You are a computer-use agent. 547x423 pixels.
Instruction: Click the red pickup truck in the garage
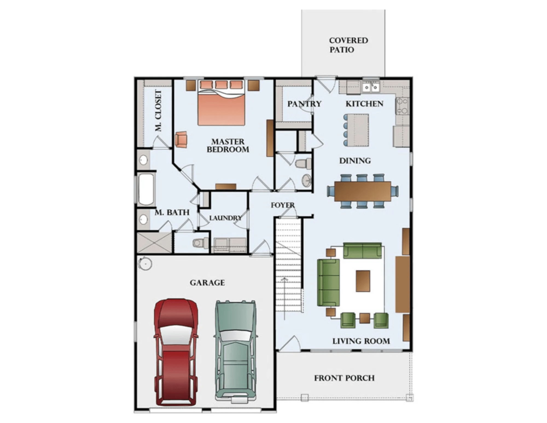pyautogui.click(x=176, y=352)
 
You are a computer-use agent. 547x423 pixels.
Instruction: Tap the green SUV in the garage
pyautogui.click(x=236, y=352)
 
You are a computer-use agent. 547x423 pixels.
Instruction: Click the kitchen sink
pyautogui.click(x=371, y=87)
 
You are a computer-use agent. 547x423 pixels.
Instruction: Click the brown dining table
pyautogui.click(x=363, y=191)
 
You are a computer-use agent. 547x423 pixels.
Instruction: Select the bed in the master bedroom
pyautogui.click(x=221, y=105)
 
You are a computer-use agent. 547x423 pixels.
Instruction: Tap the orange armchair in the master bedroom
pyautogui.click(x=181, y=140)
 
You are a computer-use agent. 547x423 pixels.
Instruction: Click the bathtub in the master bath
pyautogui.click(x=146, y=189)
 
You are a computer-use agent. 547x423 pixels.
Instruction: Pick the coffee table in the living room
pyautogui.click(x=363, y=281)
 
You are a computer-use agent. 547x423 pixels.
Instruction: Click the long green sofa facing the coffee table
pyautogui.click(x=328, y=283)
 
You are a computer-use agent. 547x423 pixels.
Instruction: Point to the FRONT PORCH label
pyautogui.click(x=344, y=378)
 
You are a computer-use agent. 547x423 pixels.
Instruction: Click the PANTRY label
pyautogui.click(x=304, y=104)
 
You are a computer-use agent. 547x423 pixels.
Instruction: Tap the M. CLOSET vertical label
pyautogui.click(x=158, y=111)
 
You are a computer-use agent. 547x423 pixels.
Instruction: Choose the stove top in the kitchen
pyautogui.click(x=402, y=106)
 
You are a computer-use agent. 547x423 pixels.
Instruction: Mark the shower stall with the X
pyautogui.click(x=154, y=243)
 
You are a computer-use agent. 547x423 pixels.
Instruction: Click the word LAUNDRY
pyautogui.click(x=225, y=218)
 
